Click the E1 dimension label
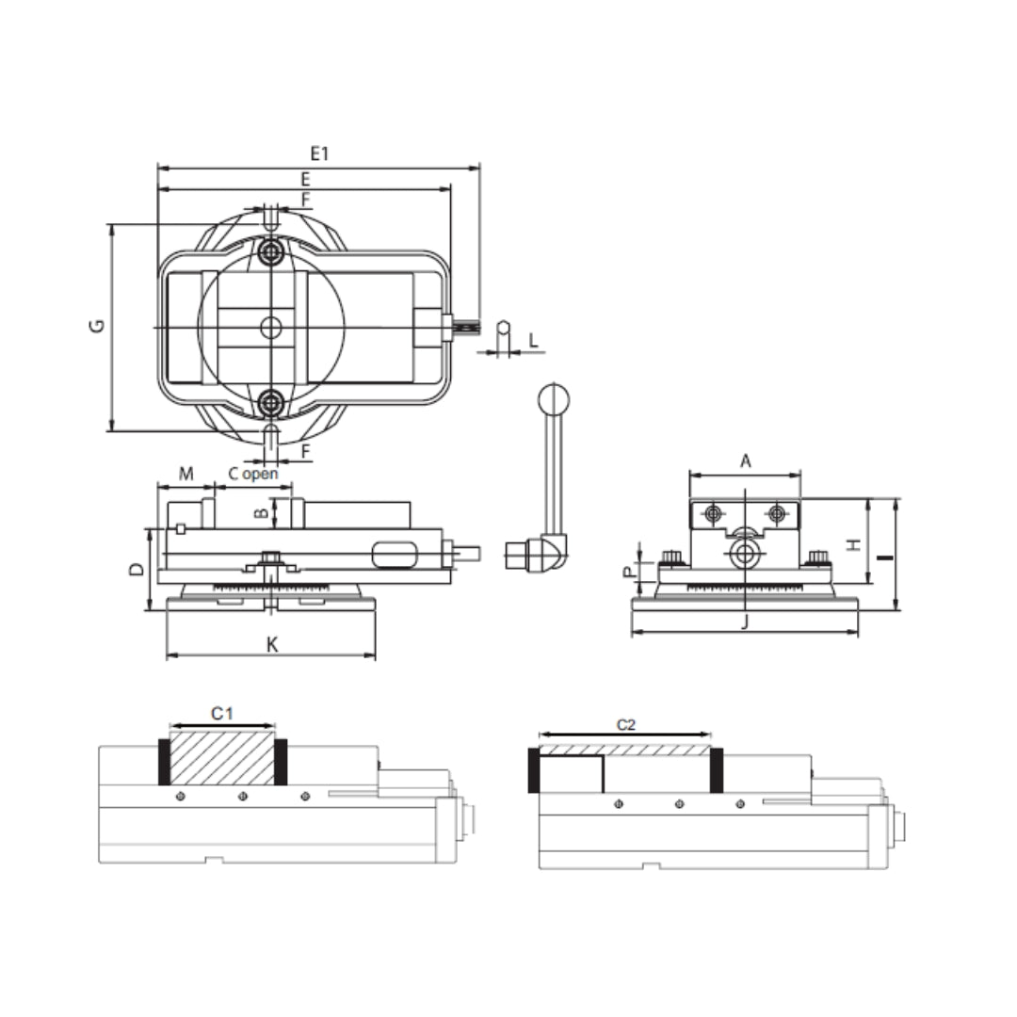pyautogui.click(x=319, y=153)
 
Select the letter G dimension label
pyautogui.click(x=97, y=326)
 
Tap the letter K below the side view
pyautogui.click(x=272, y=644)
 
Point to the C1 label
pyautogui.click(x=222, y=714)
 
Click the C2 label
pyautogui.click(x=626, y=724)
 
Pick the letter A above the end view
pyautogui.click(x=745, y=461)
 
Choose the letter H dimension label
pyautogui.click(x=854, y=545)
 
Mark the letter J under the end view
pyautogui.click(x=745, y=621)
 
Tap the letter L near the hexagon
pyautogui.click(x=533, y=340)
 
